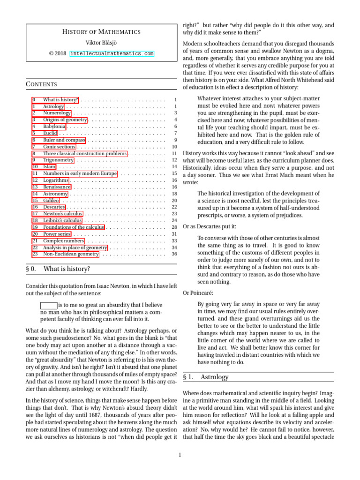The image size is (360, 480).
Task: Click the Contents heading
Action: pyautogui.click(x=41, y=84)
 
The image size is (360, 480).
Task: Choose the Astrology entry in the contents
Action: pyautogui.click(x=53, y=106)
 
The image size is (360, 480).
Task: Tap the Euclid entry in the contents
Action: pyautogui.click(x=50, y=133)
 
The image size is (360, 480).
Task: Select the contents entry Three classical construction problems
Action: pyautogui.click(x=85, y=153)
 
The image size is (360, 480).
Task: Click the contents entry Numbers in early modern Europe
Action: pyautogui.click(x=80, y=173)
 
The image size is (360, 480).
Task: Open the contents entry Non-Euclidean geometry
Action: pyautogui.click(x=71, y=254)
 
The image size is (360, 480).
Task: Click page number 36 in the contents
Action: pyautogui.click(x=174, y=254)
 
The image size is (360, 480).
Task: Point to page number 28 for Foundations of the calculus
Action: pyautogui.click(x=174, y=227)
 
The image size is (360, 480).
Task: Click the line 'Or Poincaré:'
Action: pyautogui.click(x=198, y=293)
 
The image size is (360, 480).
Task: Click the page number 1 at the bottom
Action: pyautogui.click(x=180, y=454)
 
